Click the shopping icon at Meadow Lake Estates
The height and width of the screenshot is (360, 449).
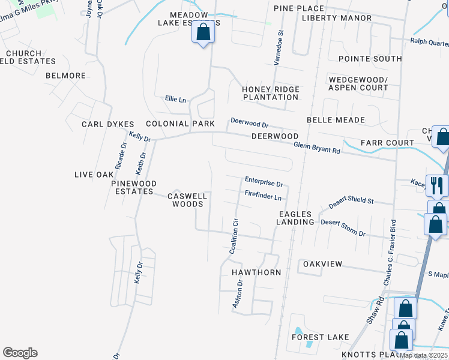(x=203, y=32)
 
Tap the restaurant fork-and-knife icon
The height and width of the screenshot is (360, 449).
(x=436, y=185)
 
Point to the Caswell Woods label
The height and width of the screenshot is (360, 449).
(x=187, y=200)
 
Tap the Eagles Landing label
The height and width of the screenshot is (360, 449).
(x=295, y=218)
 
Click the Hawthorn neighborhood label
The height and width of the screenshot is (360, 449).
(x=256, y=272)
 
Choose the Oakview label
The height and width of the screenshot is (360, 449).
(x=322, y=264)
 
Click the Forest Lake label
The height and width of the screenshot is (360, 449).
(x=321, y=337)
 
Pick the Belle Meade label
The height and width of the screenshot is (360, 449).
(x=336, y=120)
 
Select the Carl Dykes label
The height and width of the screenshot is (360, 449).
(x=108, y=124)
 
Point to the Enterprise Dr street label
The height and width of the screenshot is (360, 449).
(x=264, y=181)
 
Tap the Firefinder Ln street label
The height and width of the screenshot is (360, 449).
(x=263, y=196)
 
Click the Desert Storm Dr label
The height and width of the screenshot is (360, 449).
(x=343, y=227)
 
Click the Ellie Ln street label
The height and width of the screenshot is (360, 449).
(x=175, y=99)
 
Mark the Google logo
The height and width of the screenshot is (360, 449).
(x=20, y=353)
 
